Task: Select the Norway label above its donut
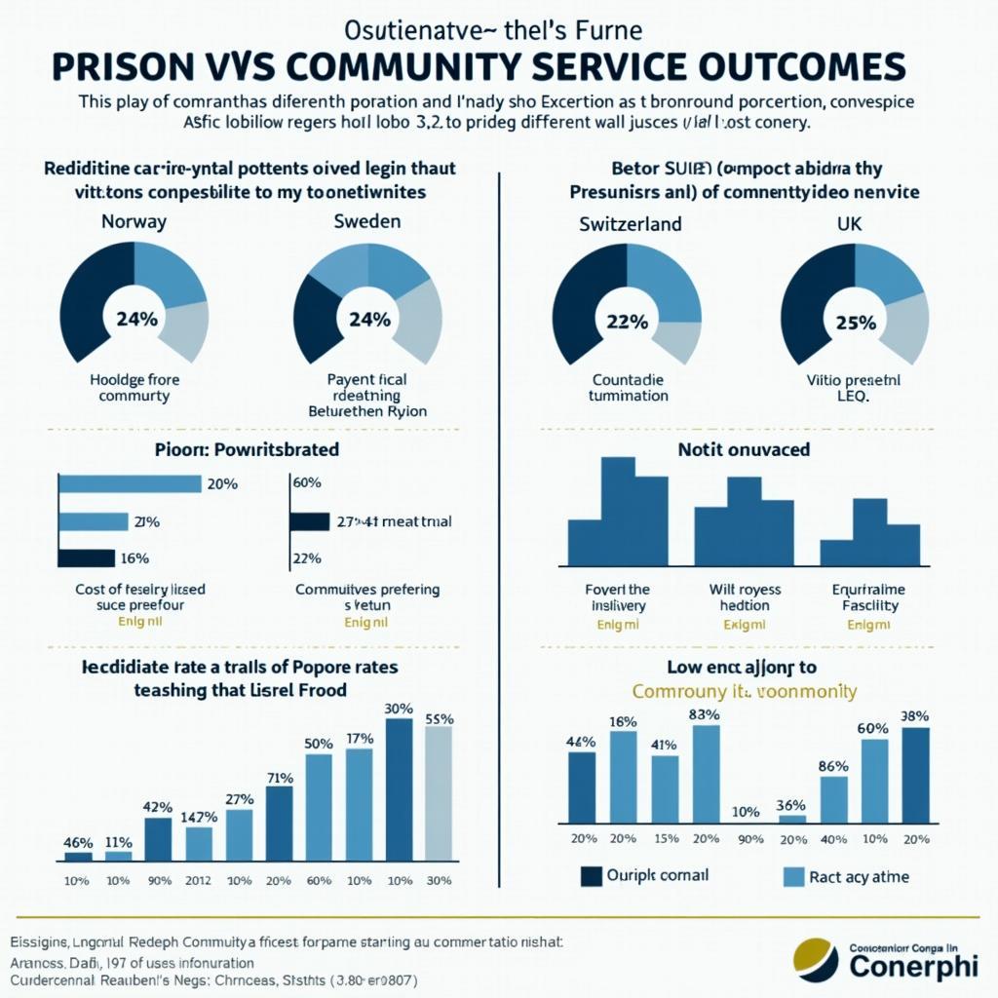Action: pyautogui.click(x=134, y=221)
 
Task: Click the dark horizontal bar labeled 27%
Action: pyautogui.click(x=311, y=521)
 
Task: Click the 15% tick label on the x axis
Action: pyautogui.click(x=666, y=839)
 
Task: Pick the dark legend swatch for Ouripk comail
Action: pyautogui.click(x=592, y=876)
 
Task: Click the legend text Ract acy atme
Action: pyautogui.click(x=859, y=876)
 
